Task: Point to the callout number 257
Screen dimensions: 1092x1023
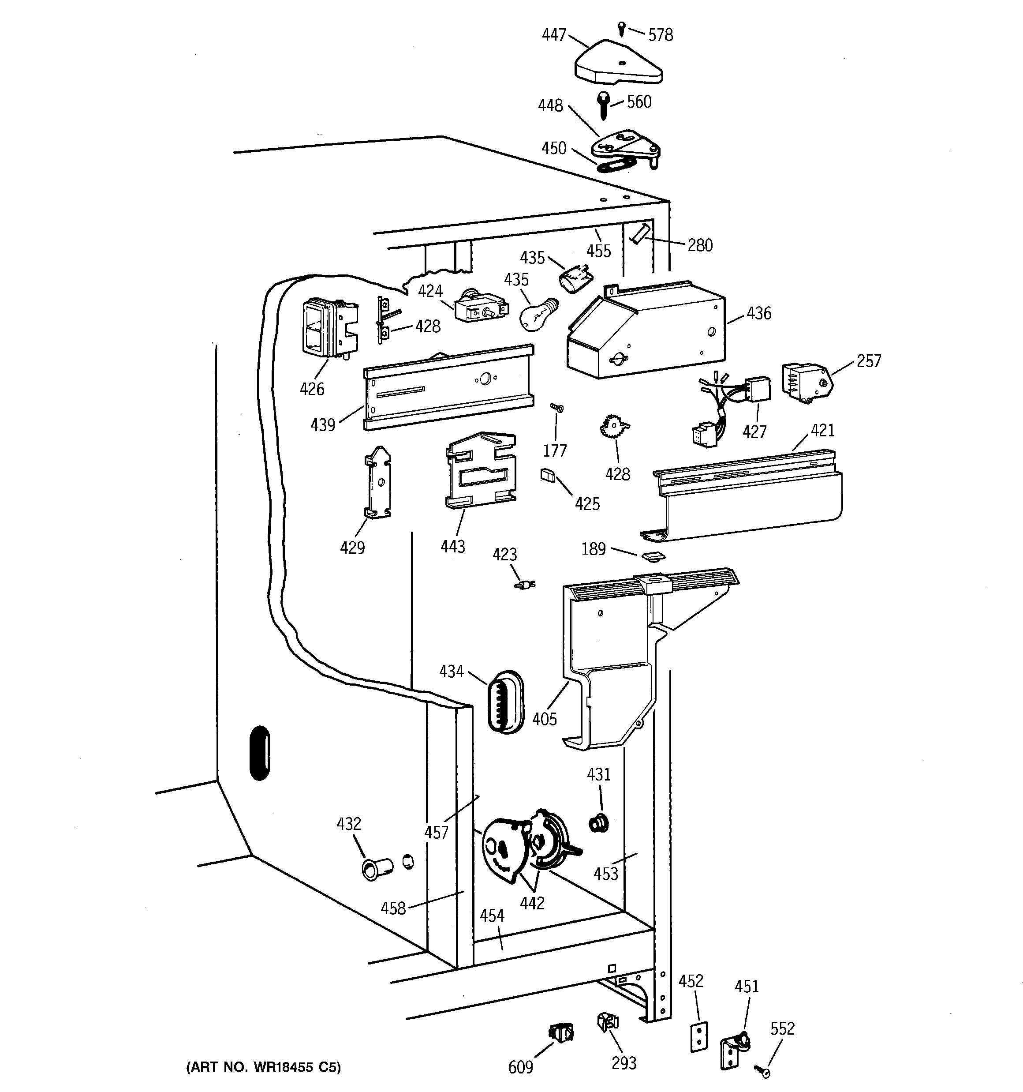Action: [868, 361]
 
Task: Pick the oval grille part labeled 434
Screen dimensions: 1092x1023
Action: [505, 702]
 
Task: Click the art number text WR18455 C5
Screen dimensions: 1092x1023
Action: [264, 1067]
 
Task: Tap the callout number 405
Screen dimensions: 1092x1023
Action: [544, 718]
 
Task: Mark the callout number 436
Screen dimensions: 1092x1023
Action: [759, 314]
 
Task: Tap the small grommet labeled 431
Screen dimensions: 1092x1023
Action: [598, 823]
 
